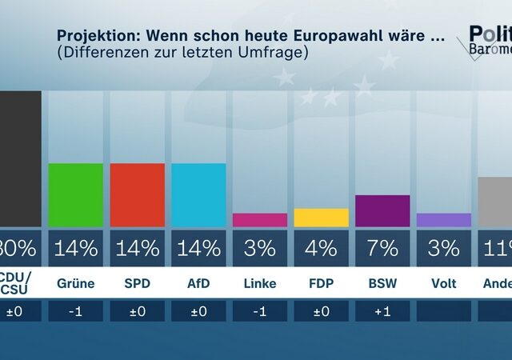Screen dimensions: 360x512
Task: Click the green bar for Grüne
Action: coord(76,195)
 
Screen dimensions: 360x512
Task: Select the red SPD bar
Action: coord(137,195)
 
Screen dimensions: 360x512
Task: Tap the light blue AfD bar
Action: coord(198,195)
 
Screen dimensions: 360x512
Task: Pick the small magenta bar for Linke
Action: coord(260,220)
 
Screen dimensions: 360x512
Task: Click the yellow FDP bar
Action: coord(322,218)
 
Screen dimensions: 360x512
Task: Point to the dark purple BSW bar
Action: coord(382,210)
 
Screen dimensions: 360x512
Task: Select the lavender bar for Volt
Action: coord(444,220)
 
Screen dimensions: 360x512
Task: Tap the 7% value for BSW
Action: coord(382,248)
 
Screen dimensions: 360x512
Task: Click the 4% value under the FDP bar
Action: coord(322,248)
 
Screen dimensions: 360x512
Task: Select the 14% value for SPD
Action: coord(137,248)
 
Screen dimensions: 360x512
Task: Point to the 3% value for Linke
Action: coord(260,248)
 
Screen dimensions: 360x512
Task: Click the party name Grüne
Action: coord(76,284)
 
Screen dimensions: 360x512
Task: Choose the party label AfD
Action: coord(198,284)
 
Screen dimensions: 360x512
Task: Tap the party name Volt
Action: coord(444,284)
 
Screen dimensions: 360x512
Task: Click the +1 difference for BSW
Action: coord(382,311)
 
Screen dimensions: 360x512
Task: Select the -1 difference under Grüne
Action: coord(76,311)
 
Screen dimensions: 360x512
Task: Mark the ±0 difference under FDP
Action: coord(322,311)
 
